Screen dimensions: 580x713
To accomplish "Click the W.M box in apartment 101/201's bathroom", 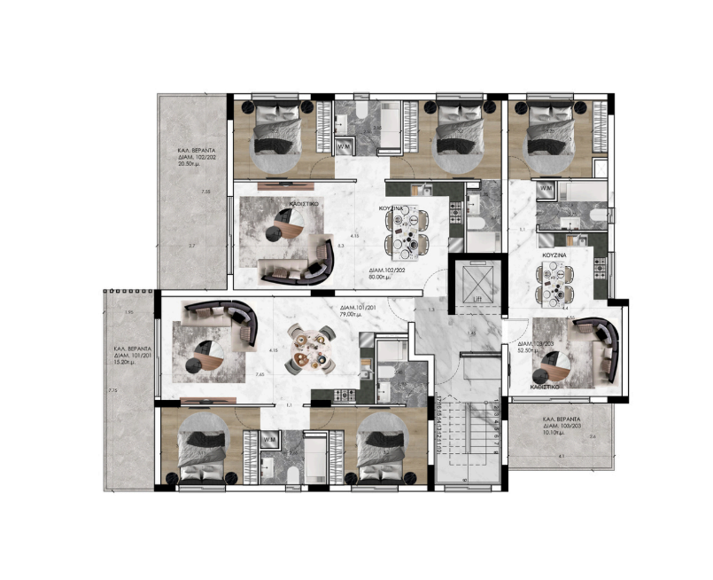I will [x=267, y=439].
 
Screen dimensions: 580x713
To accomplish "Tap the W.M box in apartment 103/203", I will [x=546, y=189].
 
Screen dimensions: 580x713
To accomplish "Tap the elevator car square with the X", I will [x=474, y=282].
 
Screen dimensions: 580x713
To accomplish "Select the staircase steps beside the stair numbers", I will [x=462, y=439].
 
